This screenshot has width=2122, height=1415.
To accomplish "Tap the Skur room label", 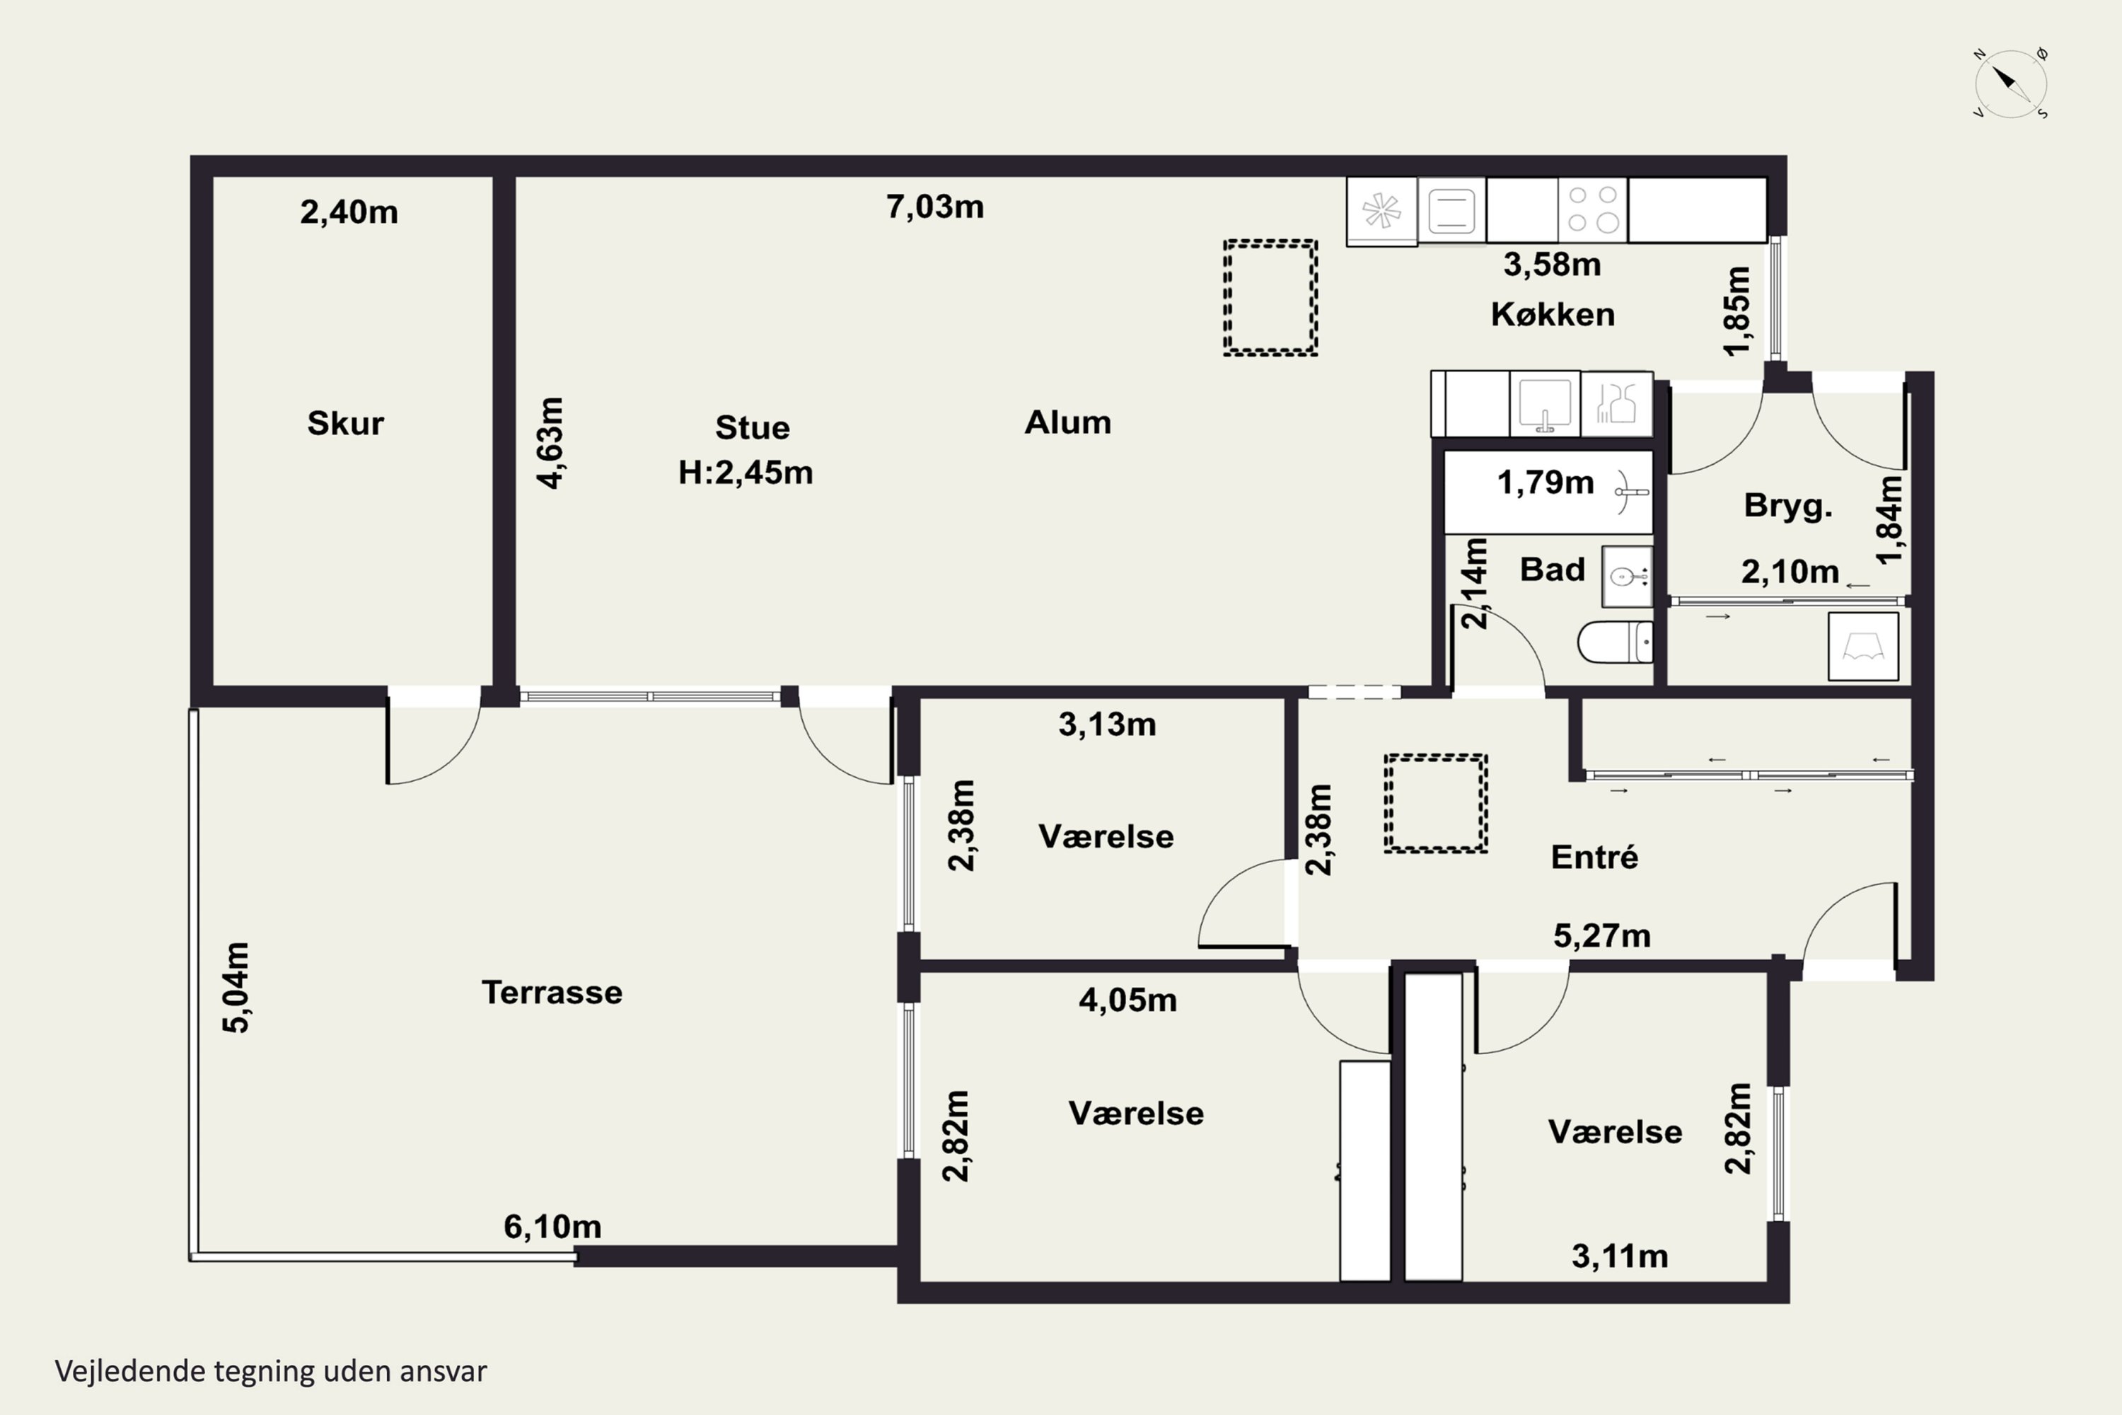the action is coord(346,423).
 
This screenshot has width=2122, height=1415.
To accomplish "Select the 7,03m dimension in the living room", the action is coord(934,207).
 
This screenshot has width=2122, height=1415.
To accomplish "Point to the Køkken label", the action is coord(1553,314).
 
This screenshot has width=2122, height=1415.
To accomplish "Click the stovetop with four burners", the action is coord(1592,209).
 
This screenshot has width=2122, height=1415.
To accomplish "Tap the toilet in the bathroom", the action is coord(1615,642).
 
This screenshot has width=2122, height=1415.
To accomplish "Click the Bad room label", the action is coord(1552,570).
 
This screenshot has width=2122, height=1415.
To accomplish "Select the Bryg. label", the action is coord(1788,505).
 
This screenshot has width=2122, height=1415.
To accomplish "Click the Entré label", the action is coord(1594,856).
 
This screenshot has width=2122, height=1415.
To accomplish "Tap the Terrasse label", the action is coord(552,993).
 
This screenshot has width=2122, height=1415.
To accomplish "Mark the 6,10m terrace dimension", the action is coord(552,1226).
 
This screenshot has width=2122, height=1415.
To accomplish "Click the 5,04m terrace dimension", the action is coord(236,987).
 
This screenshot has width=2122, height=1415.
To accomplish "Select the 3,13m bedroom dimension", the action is coord(1107,724).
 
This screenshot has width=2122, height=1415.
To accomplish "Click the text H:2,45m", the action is coord(746,472).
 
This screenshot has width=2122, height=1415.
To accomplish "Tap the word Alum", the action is coord(1067,422).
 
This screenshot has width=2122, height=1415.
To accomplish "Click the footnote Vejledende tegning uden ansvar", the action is coord(271,1371).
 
